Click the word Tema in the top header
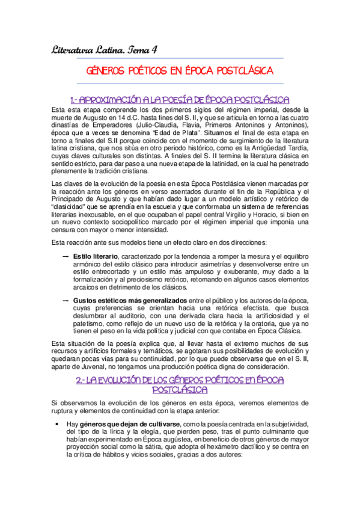[x=139, y=50]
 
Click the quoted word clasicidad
[x=76, y=204]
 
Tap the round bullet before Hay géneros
[x=55, y=424]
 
